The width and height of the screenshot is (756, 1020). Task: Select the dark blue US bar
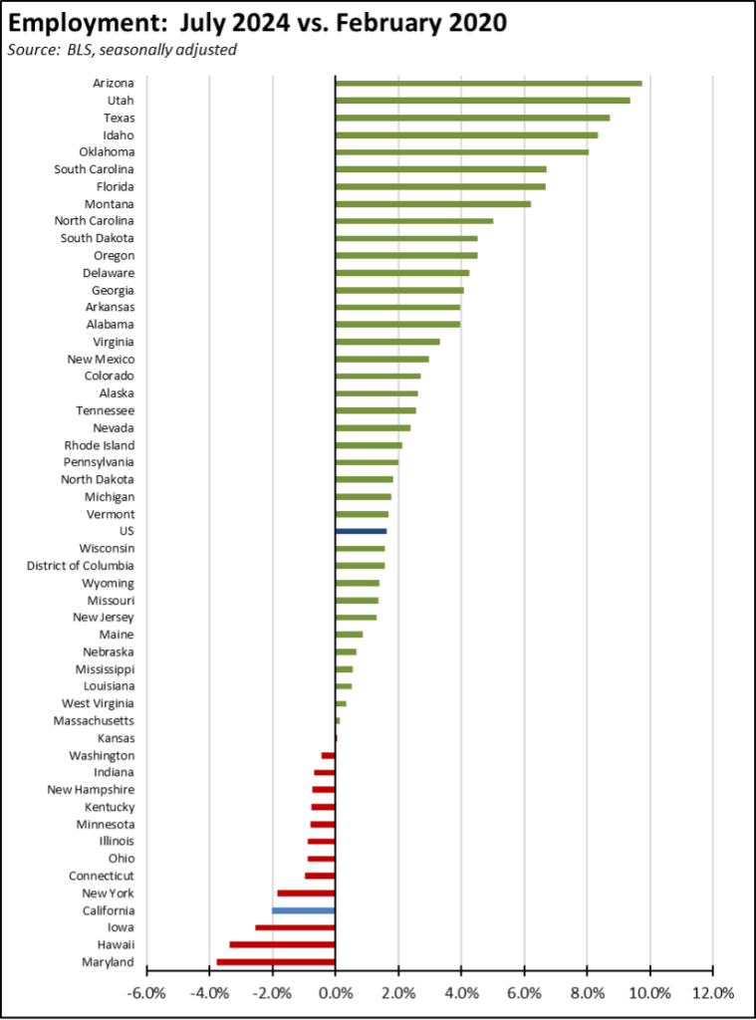361,531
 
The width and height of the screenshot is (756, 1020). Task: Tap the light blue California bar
304,910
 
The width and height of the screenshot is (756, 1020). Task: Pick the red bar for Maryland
276,962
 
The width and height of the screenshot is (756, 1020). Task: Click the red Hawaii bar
283,944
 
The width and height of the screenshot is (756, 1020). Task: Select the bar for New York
306,893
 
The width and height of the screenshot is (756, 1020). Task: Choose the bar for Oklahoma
462,151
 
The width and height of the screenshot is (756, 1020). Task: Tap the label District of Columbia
81,566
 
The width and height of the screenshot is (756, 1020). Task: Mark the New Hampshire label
92,790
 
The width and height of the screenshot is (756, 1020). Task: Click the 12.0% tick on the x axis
713,992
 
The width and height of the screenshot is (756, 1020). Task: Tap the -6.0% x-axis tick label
146,992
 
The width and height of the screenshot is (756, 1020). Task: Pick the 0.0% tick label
336,992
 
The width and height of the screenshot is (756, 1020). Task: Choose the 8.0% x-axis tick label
587,992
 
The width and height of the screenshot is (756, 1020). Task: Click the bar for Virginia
387,342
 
